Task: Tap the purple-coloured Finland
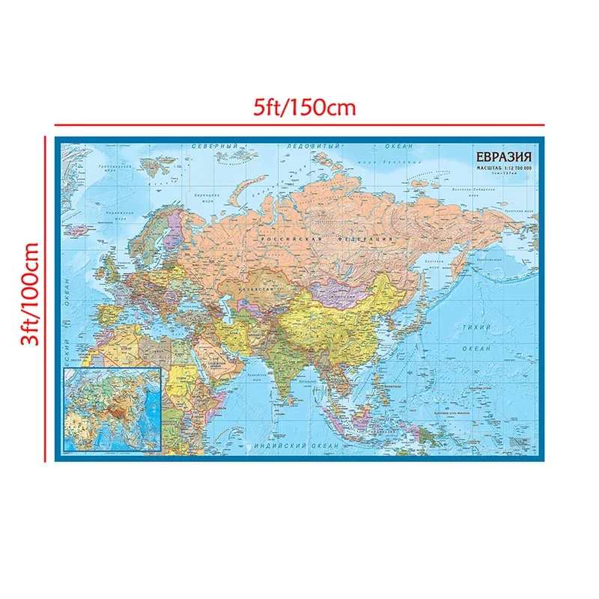coord(175,225)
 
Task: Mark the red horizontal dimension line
coord(299,124)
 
